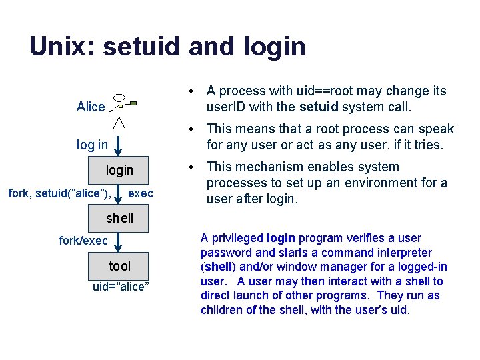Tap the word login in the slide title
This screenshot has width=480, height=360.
pyautogui.click(x=275, y=47)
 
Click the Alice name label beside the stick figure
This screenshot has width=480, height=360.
pyautogui.click(x=91, y=107)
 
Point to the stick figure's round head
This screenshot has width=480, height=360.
pyautogui.click(x=119, y=98)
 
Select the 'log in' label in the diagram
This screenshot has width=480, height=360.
pyautogui.click(x=92, y=145)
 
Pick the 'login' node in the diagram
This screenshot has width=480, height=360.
pyautogui.click(x=119, y=170)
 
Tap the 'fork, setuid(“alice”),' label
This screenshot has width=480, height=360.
pyautogui.click(x=59, y=193)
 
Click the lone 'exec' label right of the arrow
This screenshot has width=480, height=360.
pyautogui.click(x=141, y=193)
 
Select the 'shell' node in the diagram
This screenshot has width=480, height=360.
pyautogui.click(x=119, y=218)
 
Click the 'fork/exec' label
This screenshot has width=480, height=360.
pyautogui.click(x=83, y=241)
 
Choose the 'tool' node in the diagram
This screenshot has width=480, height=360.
pyautogui.click(x=119, y=266)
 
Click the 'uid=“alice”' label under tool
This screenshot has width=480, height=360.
pyautogui.click(x=121, y=286)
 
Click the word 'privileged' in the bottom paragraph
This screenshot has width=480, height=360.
pyautogui.click(x=238, y=238)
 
